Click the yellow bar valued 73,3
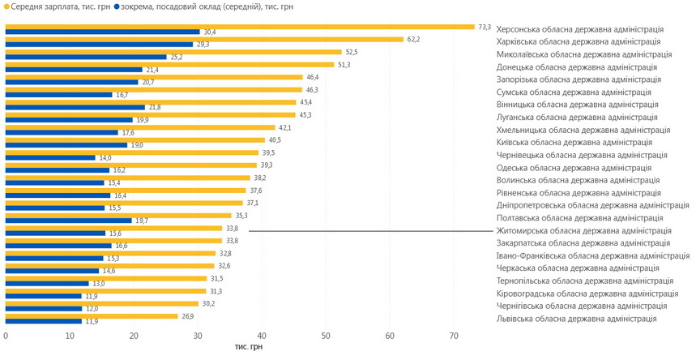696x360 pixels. click(x=240, y=27)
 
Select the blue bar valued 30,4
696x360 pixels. click(x=102, y=32)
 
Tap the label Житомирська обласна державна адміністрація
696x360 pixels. click(x=583, y=231)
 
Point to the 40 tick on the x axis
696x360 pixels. click(x=262, y=336)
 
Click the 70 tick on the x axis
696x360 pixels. click(x=454, y=336)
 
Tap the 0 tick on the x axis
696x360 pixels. click(x=6, y=336)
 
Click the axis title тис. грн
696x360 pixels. click(x=249, y=346)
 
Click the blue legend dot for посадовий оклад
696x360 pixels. click(x=117, y=6)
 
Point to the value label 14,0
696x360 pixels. click(x=106, y=158)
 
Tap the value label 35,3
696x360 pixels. click(x=240, y=216)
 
